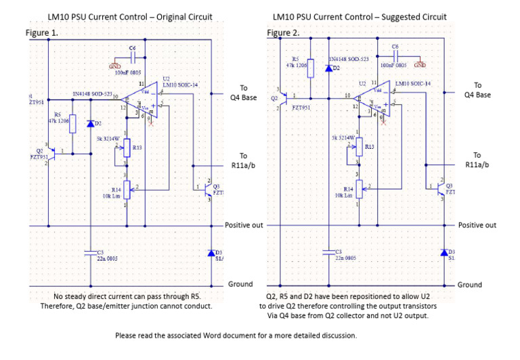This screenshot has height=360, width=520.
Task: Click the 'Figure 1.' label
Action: tap(42, 32)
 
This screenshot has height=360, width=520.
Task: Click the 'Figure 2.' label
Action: tap(283, 32)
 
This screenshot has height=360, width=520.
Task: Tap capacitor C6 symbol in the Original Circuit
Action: tap(133, 58)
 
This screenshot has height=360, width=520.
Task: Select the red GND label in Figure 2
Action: tap(420, 65)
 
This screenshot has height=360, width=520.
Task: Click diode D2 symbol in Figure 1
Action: tap(91, 124)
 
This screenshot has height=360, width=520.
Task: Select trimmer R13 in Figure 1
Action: tap(127, 149)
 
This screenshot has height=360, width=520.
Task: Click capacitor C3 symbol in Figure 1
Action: tap(91, 252)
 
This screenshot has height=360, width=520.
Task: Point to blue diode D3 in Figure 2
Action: tap(444, 252)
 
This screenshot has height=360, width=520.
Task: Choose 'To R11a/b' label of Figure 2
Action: tap(477, 160)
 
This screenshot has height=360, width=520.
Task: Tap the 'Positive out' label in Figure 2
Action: tap(477, 225)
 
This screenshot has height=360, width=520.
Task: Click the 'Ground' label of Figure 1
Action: tap(240, 284)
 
